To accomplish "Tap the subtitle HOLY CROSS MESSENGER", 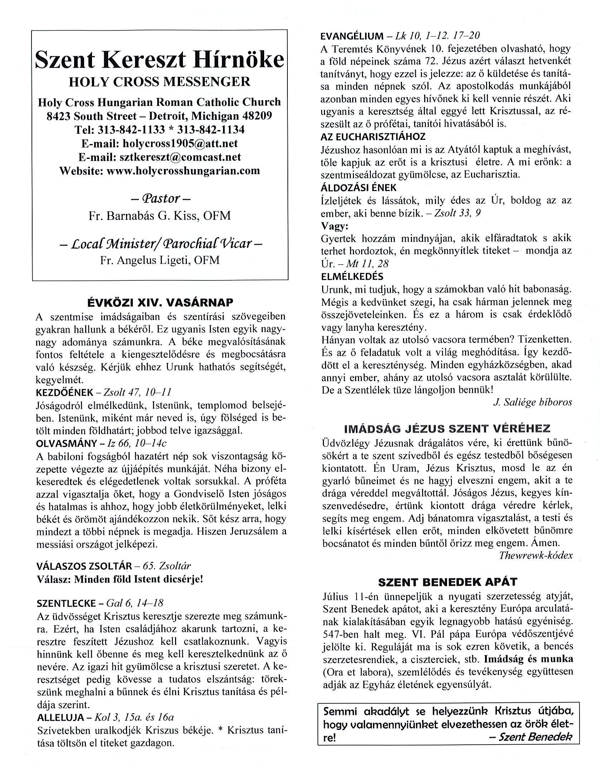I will pos(160,82).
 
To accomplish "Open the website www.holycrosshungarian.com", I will pos(183,171).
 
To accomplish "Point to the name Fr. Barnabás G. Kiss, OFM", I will pos(160,216).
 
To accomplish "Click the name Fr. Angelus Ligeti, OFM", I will pos(160,260).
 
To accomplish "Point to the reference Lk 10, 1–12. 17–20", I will pos(437,36).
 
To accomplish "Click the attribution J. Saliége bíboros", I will pos(532,402).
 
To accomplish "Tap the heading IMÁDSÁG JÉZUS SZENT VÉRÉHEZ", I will pos(447,428).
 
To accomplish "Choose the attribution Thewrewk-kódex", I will pos(535,555).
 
